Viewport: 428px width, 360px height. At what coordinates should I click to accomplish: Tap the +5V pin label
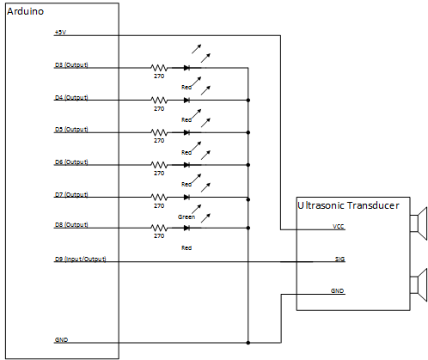[59, 33]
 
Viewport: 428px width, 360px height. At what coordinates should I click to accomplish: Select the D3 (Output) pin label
[70, 64]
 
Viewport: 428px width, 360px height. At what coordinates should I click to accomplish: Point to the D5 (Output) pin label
[70, 130]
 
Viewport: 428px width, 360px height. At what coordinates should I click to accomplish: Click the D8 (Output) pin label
[70, 226]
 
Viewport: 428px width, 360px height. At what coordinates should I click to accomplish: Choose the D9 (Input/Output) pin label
[79, 259]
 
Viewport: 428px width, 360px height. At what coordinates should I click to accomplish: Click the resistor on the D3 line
[159, 67]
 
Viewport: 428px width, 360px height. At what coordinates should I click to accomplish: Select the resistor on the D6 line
[159, 165]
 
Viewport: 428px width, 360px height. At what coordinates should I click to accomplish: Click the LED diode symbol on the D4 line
[186, 100]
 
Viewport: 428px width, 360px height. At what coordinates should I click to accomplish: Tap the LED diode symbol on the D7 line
[186, 197]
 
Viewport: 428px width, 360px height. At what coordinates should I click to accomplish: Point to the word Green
[186, 217]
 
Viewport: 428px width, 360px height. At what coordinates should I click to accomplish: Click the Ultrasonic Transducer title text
[348, 206]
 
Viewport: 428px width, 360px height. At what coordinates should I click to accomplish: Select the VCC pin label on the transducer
[339, 228]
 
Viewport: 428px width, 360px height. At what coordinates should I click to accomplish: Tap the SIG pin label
[339, 258]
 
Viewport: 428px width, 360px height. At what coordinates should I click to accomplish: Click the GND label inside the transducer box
[338, 291]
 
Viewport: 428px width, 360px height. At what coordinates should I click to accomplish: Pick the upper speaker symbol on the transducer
[419, 224]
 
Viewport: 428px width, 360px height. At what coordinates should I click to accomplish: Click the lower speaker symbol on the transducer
[419, 283]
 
